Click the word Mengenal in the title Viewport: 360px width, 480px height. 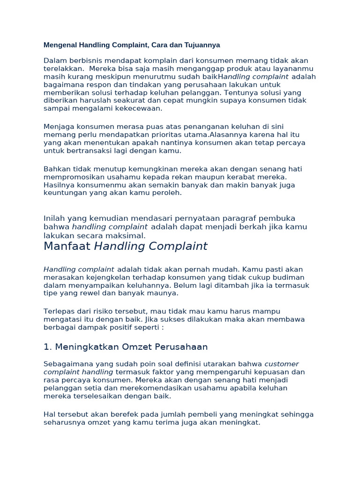59,45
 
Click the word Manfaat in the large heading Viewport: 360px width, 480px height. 67,247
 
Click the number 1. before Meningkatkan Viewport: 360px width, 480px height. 47,347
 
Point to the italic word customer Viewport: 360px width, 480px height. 282,364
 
